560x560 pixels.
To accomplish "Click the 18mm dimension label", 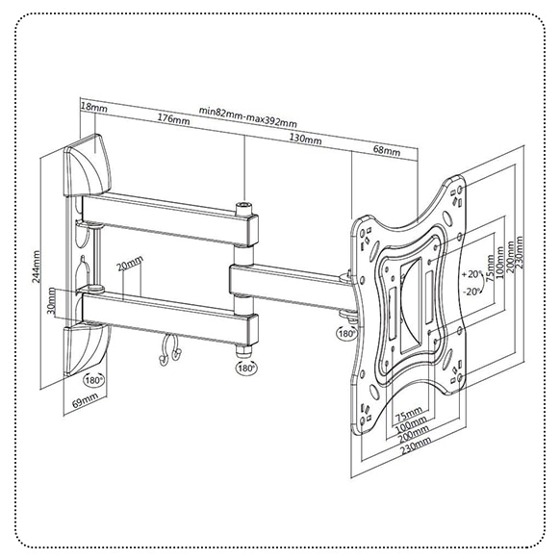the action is (x=94, y=107).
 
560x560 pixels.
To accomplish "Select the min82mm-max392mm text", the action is (x=248, y=116).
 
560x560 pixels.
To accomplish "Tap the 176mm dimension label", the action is (x=173, y=119).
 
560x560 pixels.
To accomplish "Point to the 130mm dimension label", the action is (x=305, y=139).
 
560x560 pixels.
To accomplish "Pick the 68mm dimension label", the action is (x=387, y=150).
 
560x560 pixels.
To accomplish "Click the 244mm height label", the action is (x=37, y=267).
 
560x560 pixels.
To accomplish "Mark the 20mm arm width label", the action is (x=130, y=264).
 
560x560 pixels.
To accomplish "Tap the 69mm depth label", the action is (x=85, y=400).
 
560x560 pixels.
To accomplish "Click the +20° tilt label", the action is (x=471, y=274).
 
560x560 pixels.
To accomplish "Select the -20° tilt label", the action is (x=471, y=292).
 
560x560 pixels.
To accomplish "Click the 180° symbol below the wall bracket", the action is (x=94, y=380).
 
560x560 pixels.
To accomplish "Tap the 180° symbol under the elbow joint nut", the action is (x=246, y=368).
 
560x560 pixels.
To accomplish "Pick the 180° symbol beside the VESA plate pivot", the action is (x=346, y=334).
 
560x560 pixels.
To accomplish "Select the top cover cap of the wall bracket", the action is (x=88, y=165).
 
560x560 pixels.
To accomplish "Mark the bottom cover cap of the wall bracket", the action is (x=86, y=349).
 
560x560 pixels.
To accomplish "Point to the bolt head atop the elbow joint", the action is (x=244, y=209).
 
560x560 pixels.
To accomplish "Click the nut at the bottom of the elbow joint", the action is (x=244, y=350).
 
